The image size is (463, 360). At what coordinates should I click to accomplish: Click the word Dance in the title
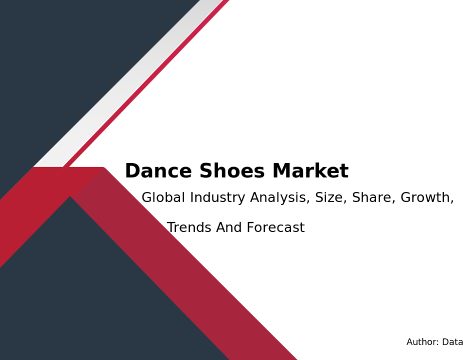tap(158, 171)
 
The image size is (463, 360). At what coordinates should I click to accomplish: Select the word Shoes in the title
tap(232, 171)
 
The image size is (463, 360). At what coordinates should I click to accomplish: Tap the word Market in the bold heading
tap(310, 171)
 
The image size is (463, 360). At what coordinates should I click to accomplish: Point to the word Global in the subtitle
tap(163, 197)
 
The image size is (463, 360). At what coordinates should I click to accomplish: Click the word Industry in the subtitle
tap(218, 197)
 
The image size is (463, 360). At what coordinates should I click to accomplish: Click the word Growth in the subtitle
tap(425, 197)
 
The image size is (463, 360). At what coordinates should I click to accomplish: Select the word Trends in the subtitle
tap(189, 227)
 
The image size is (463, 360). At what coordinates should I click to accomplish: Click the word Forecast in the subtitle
tap(276, 227)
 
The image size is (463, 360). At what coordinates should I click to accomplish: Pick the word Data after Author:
tap(452, 341)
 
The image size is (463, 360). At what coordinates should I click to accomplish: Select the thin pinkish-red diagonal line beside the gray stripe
tap(147, 83)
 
